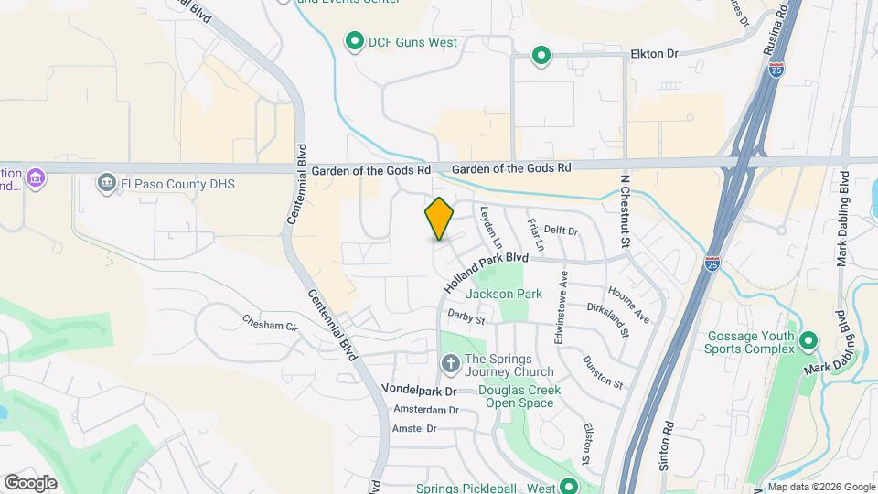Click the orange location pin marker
tap(440, 219)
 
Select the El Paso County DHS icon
tap(107, 184)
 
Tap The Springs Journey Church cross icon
tap(450, 364)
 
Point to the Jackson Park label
tap(504, 294)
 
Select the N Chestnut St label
tap(626, 211)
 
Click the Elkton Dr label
tap(654, 54)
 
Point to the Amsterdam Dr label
tap(425, 410)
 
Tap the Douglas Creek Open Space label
tap(519, 396)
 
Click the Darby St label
tap(466, 316)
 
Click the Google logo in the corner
tap(30, 482)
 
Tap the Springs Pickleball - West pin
tap(569, 488)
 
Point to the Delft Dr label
tap(562, 231)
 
